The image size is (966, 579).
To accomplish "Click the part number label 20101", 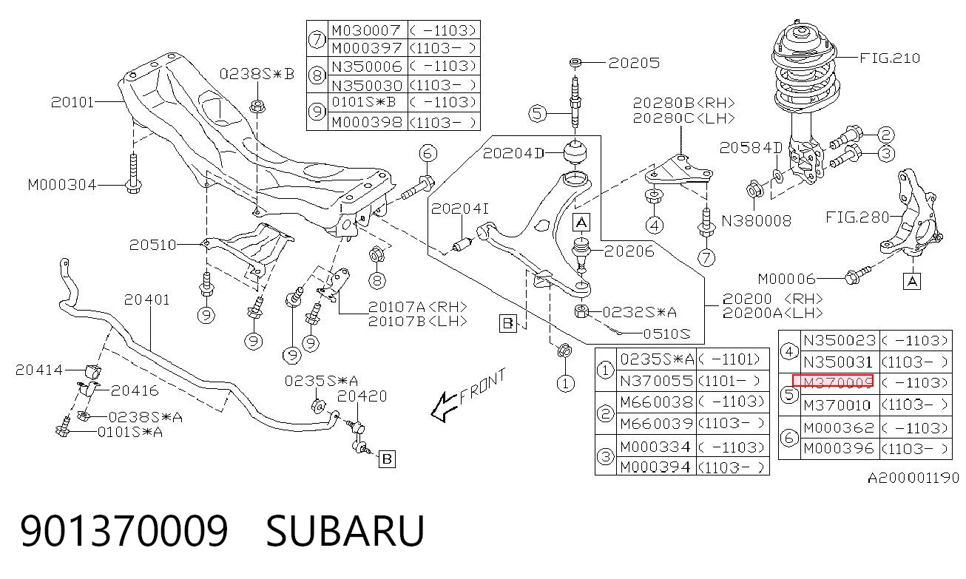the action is [x=72, y=102].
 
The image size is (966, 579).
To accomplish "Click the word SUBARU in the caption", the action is [x=345, y=530].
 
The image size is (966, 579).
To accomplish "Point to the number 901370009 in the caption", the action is [x=124, y=530].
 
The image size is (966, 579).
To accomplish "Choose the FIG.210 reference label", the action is [x=890, y=58].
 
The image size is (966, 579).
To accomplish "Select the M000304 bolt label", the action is [x=61, y=185].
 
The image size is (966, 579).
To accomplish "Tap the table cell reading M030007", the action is [x=366, y=30].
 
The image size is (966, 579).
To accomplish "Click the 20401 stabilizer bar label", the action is [x=147, y=299].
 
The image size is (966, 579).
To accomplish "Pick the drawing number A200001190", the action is [x=913, y=478].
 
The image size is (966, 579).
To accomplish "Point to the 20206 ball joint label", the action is [x=629, y=251].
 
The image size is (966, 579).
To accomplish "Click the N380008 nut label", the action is [x=757, y=221].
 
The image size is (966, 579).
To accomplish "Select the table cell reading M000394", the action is [x=655, y=467].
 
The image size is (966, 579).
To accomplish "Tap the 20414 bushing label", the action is [x=38, y=370].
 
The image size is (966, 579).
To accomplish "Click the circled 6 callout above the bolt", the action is [x=428, y=154].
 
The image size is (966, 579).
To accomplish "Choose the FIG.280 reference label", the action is [x=857, y=217].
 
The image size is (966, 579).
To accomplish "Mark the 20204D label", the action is [x=513, y=153].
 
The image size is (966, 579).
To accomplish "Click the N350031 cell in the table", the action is [x=838, y=362].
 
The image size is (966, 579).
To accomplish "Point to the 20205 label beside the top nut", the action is [x=634, y=63].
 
